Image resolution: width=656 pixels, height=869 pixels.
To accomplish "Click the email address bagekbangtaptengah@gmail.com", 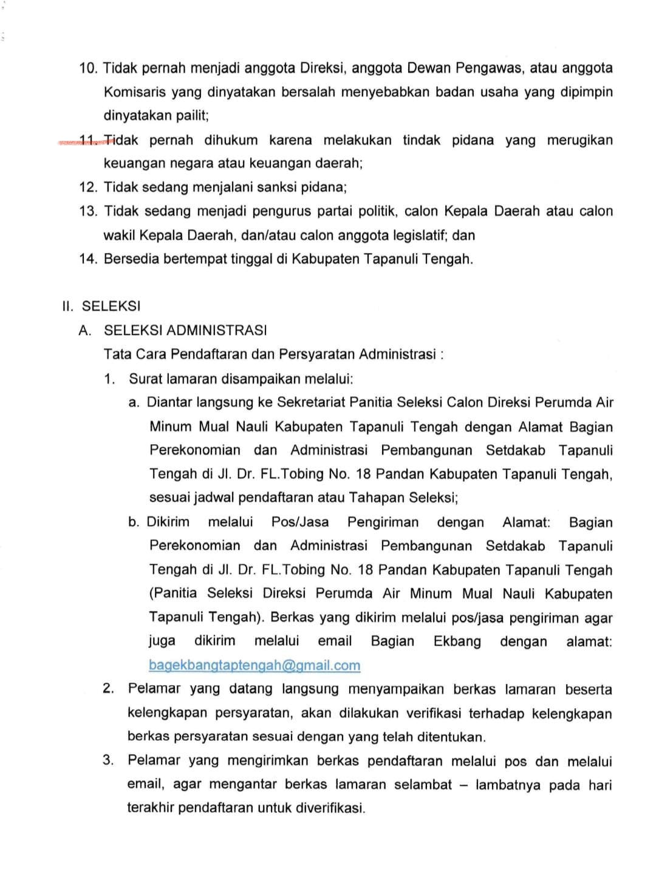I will (255, 665).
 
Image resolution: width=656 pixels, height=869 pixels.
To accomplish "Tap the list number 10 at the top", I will (88, 68).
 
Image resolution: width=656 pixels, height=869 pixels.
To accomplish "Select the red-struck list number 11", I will (89, 141).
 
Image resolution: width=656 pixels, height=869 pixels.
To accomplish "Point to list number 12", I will (88, 188).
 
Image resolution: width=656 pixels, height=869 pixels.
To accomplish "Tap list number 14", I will (88, 259).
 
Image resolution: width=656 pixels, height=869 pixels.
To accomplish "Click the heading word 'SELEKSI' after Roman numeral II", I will (111, 307).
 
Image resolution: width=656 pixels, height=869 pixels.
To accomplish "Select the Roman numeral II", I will (67, 307).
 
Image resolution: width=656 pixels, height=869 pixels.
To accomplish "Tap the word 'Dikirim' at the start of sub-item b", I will (168, 522).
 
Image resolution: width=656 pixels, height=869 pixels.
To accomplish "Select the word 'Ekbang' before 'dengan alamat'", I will (457, 641).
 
